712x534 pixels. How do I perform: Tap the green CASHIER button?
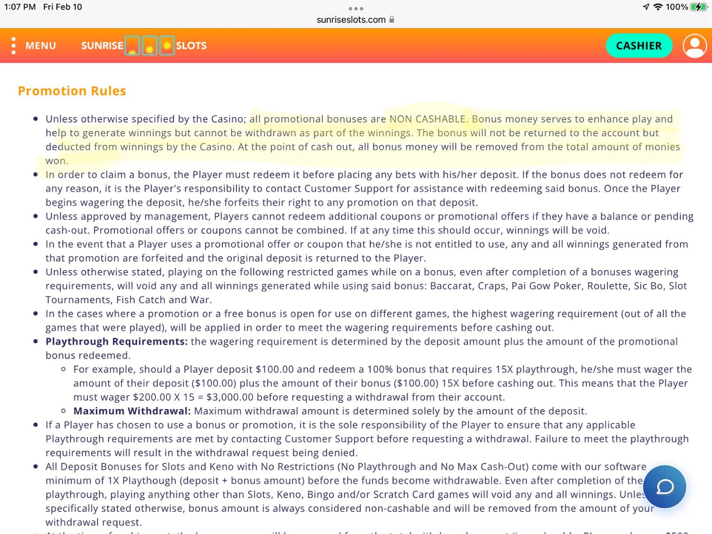pyautogui.click(x=638, y=46)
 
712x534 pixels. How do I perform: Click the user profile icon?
pyautogui.click(x=694, y=46)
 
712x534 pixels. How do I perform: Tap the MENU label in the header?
pyautogui.click(x=41, y=46)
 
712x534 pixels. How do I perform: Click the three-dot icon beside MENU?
pyautogui.click(x=13, y=46)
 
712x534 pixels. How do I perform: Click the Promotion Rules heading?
pyautogui.click(x=72, y=91)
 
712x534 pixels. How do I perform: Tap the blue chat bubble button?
pyautogui.click(x=665, y=487)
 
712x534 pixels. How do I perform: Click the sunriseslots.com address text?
pyautogui.click(x=351, y=19)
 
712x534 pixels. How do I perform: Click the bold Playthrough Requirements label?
pyautogui.click(x=116, y=341)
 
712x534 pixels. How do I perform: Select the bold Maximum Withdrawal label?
pyautogui.click(x=132, y=411)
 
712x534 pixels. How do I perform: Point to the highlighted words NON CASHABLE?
pyautogui.click(x=428, y=119)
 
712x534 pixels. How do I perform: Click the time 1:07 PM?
pyautogui.click(x=20, y=7)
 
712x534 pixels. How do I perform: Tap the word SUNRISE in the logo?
pyautogui.click(x=102, y=46)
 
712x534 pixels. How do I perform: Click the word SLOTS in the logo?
pyautogui.click(x=191, y=46)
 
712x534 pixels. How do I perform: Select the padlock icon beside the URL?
pyautogui.click(x=392, y=19)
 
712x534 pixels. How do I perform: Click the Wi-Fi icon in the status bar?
pyautogui.click(x=658, y=7)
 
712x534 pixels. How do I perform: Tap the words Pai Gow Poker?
pyautogui.click(x=546, y=286)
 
